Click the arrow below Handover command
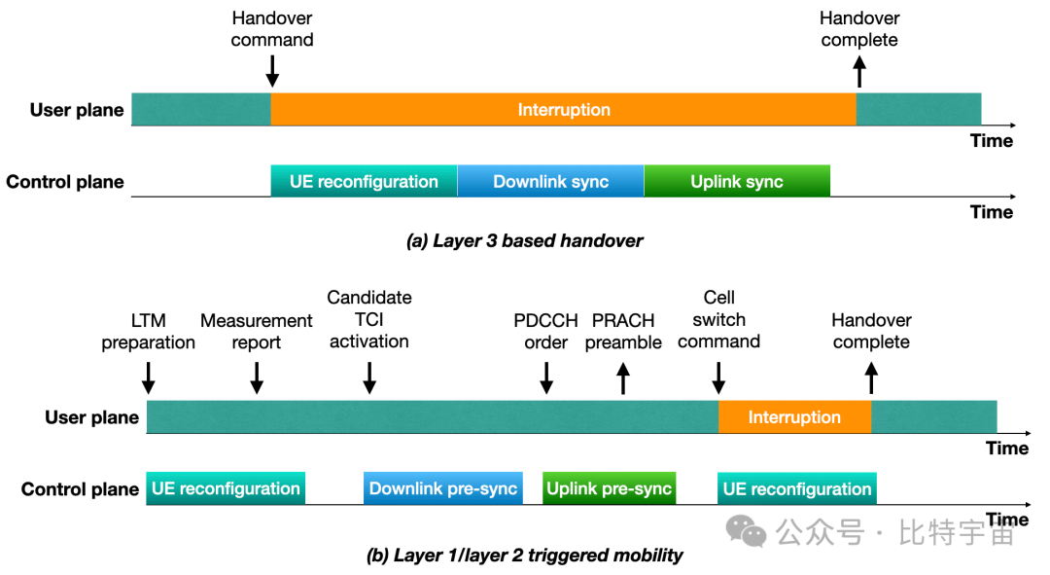click(272, 71)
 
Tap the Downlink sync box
click(550, 181)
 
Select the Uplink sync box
click(737, 181)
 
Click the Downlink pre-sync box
click(443, 487)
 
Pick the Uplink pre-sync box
click(609, 487)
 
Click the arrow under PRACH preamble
click(623, 377)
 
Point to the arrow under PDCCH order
click(546, 377)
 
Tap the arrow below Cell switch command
click(718, 377)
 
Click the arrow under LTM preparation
click(149, 377)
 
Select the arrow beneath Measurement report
click(257, 377)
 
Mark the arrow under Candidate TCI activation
click(369, 377)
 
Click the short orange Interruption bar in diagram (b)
click(795, 416)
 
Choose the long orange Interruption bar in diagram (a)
click(564, 109)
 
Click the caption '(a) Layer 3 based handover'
click(524, 240)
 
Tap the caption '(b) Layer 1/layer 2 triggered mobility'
click(524, 555)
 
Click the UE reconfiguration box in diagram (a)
click(365, 181)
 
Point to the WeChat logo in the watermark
click(746, 531)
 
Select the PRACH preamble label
click(623, 331)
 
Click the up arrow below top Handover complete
click(859, 71)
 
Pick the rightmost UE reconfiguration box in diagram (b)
click(797, 488)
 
